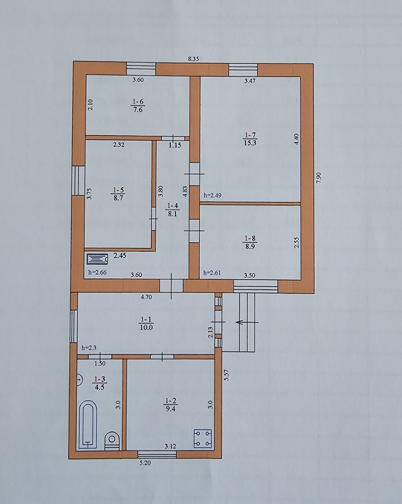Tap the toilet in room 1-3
coord(112,441)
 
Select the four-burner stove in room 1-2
coord(203,438)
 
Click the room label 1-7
coord(250,135)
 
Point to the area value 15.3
coord(250,143)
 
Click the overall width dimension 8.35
coord(193,59)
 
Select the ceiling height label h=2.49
coord(213,195)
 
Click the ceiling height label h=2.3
coord(89,348)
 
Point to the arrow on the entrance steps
coord(247,322)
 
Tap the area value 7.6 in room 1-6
coord(138,110)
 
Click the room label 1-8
coord(250,239)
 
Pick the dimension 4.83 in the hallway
coord(185,191)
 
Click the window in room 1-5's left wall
coord(78,181)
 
